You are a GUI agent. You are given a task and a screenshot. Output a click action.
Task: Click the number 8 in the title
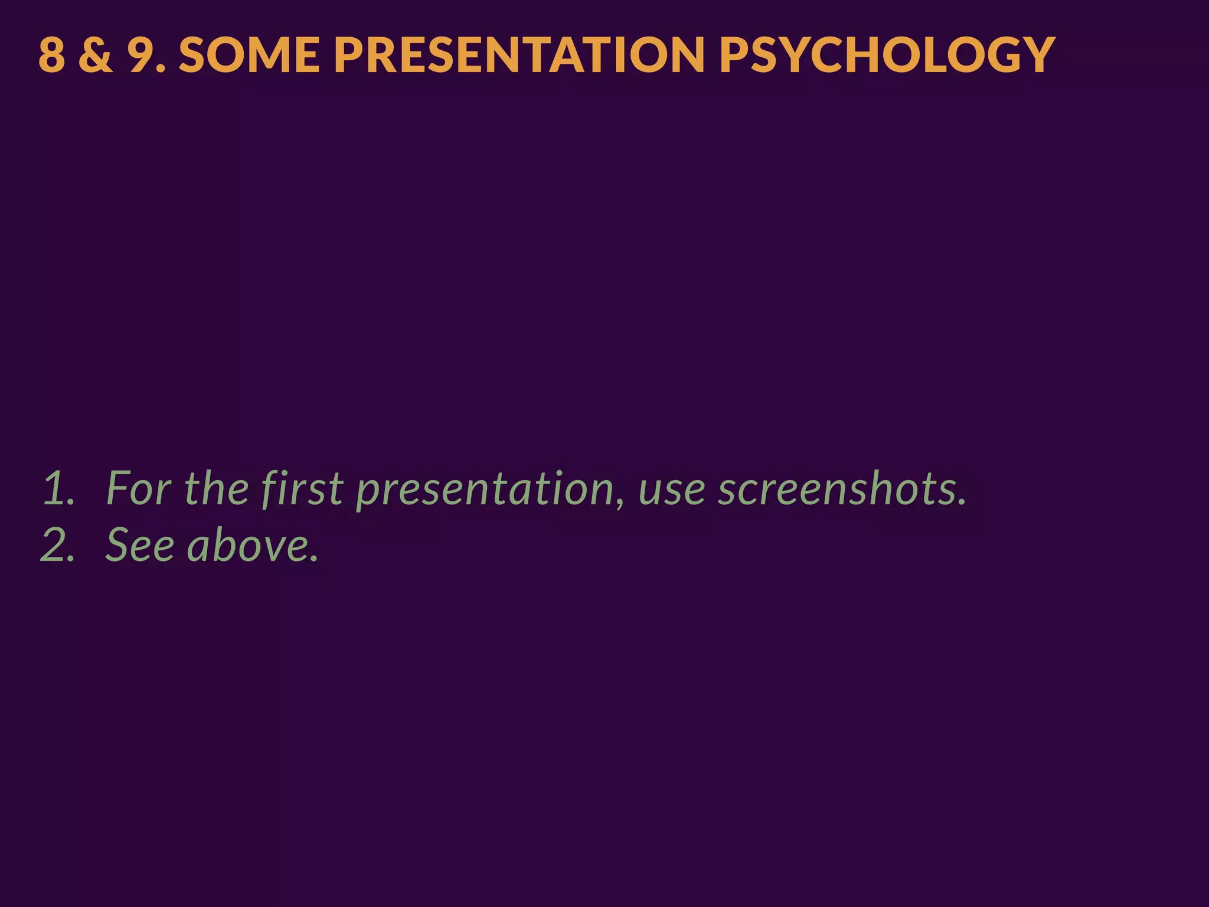click(52, 55)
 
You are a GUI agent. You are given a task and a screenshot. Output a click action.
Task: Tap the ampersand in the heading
click(95, 55)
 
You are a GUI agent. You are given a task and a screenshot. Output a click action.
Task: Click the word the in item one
click(216, 489)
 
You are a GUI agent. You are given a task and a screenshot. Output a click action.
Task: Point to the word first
click(302, 489)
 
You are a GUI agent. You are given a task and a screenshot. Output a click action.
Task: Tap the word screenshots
click(837, 489)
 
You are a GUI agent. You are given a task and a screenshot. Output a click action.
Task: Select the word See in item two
click(140, 545)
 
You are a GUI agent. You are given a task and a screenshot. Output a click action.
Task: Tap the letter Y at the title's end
click(1037, 55)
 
